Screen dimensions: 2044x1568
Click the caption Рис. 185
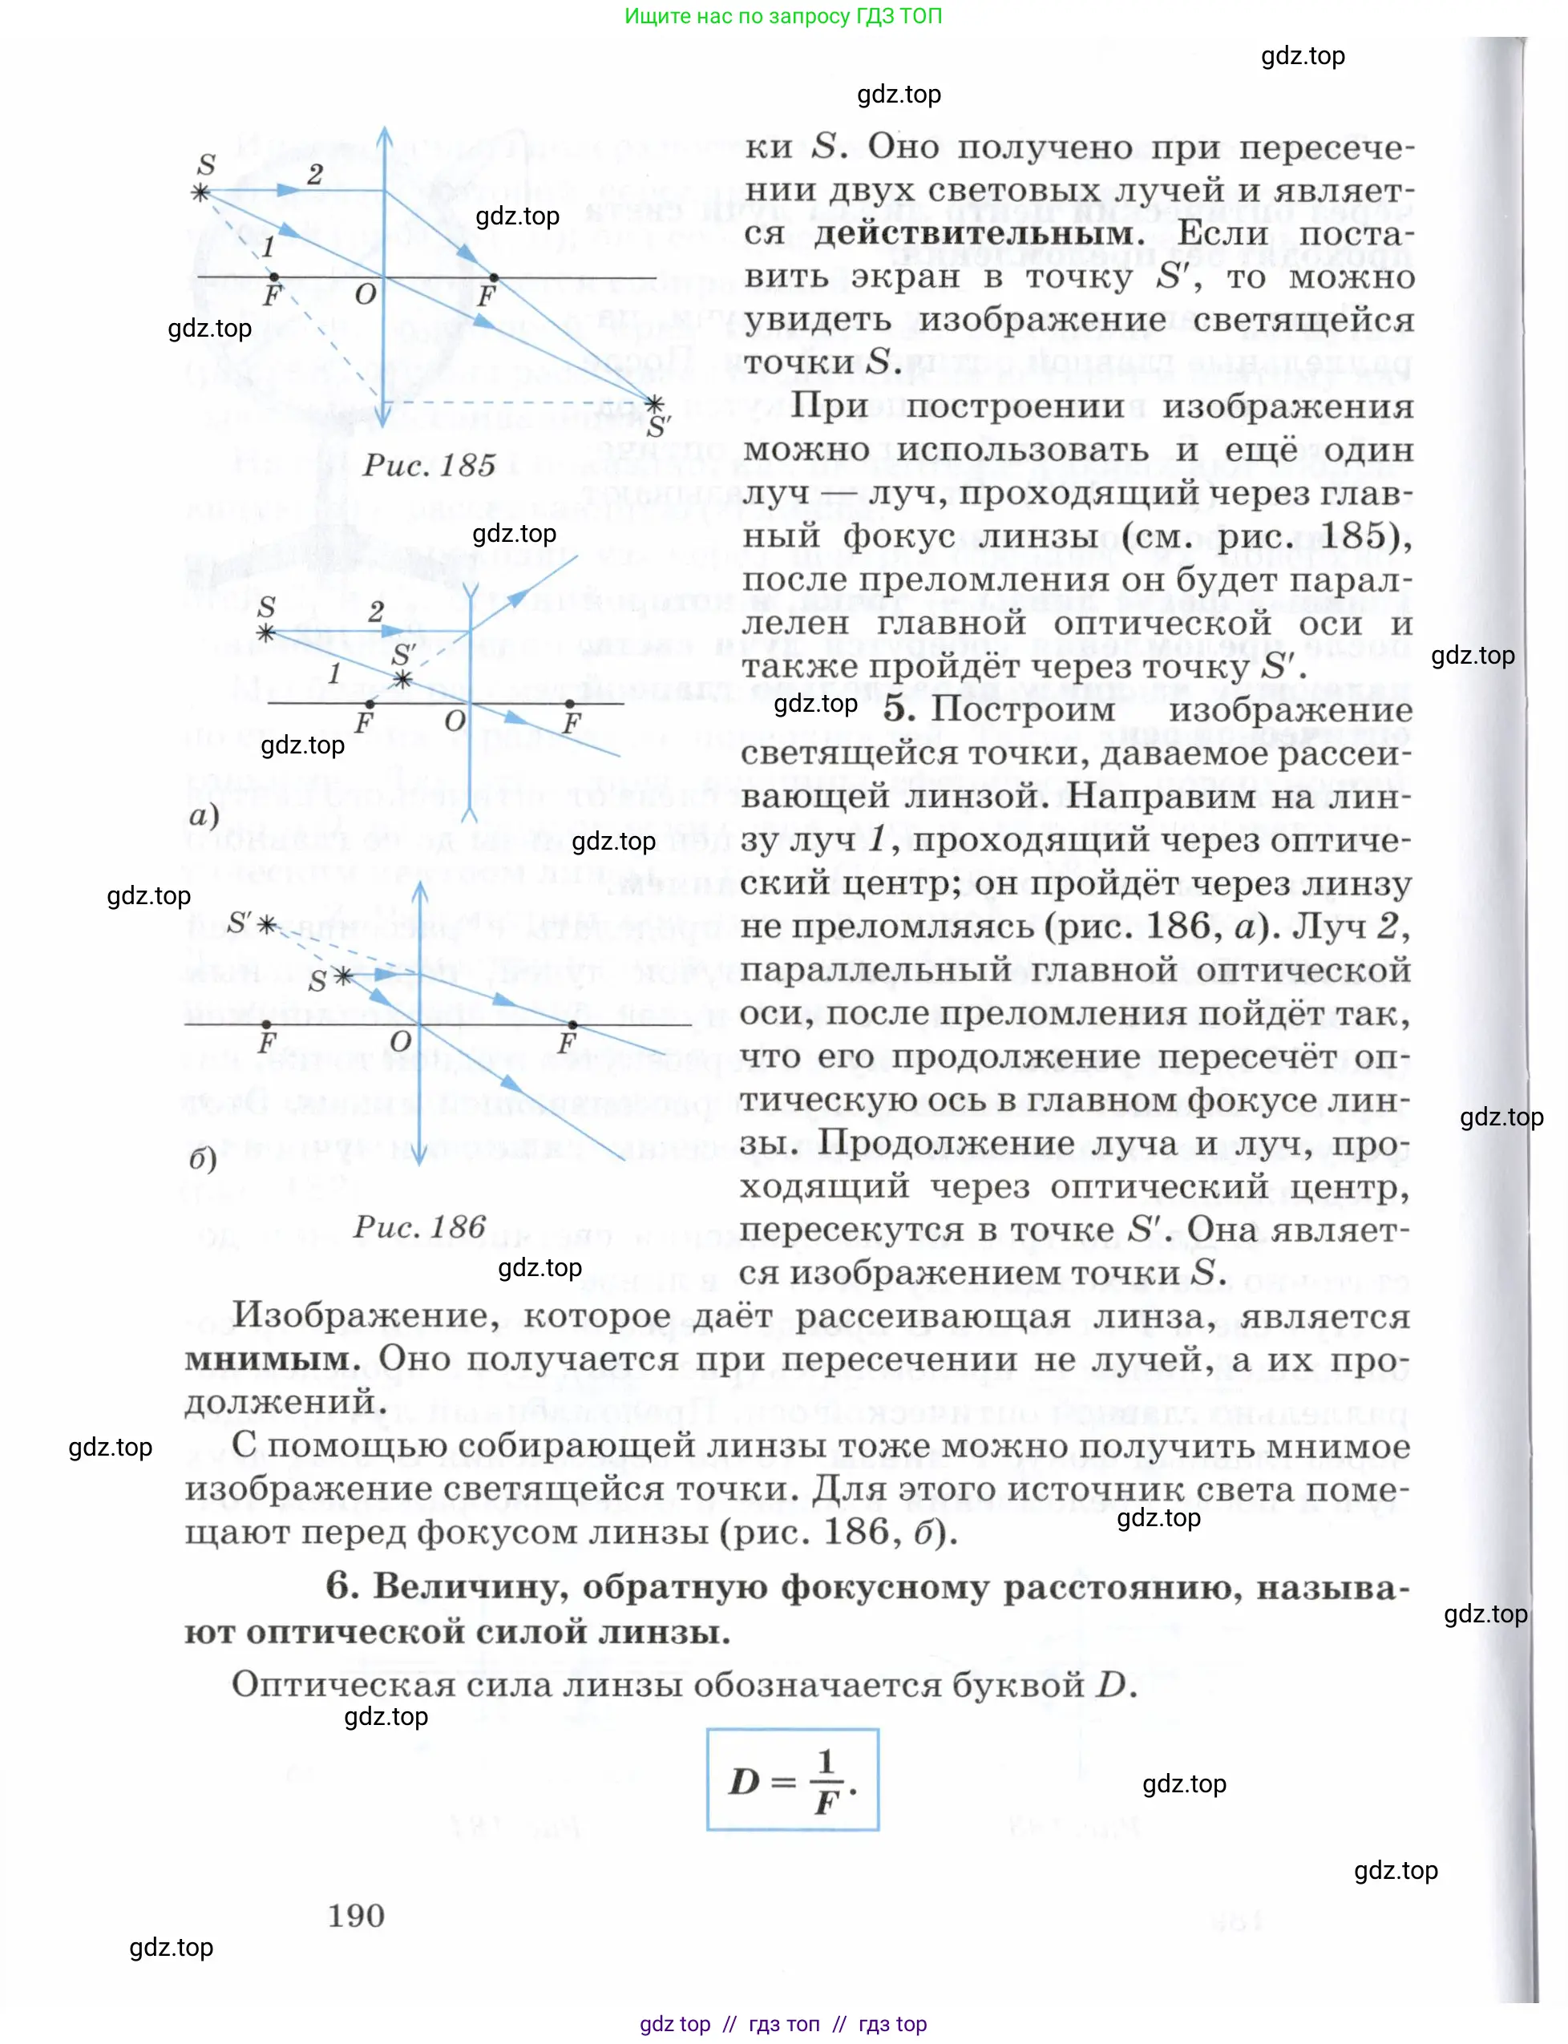tap(430, 465)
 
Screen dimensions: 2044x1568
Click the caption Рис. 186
tap(419, 1226)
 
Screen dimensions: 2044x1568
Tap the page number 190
tap(356, 1915)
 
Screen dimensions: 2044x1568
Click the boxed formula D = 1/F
tap(792, 1779)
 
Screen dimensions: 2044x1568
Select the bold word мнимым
tap(272, 1359)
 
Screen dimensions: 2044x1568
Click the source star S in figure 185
tap(200, 192)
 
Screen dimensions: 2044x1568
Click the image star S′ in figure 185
tap(655, 404)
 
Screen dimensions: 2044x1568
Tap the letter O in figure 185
tap(365, 295)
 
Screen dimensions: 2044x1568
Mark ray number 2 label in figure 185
tap(316, 174)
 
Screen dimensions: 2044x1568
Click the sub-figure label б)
tap(203, 1159)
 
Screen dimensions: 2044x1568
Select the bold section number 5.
tap(899, 709)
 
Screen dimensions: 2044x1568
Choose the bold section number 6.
tap(341, 1586)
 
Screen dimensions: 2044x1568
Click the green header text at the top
tap(783, 16)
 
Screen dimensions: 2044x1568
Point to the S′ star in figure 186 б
tap(267, 925)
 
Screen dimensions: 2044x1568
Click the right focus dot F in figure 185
tap(494, 277)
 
